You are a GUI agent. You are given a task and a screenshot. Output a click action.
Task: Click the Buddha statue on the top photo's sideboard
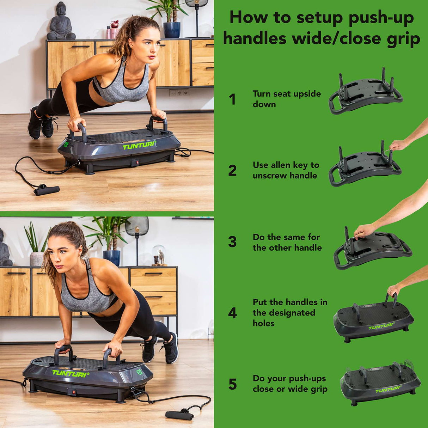61,22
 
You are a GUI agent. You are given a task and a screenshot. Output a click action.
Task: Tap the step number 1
232,99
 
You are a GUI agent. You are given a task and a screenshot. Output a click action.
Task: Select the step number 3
232,242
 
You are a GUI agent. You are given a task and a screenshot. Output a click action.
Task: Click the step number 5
232,384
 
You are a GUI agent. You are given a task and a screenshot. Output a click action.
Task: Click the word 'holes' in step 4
263,323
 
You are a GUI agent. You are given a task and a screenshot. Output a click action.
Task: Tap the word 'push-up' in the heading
381,18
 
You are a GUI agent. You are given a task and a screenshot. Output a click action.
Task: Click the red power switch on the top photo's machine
134,163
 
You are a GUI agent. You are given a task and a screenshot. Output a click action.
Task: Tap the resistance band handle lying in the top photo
47,191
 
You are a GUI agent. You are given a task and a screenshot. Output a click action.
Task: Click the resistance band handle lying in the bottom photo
179,415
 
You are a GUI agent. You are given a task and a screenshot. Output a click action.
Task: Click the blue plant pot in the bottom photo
112,257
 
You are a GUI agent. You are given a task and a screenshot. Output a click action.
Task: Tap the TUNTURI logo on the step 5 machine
388,390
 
